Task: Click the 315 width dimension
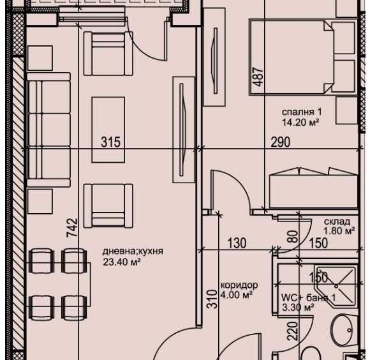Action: (x=111, y=142)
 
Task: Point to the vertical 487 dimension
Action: (x=257, y=76)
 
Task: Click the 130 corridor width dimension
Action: (x=237, y=243)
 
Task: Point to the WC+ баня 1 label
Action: (x=308, y=297)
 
